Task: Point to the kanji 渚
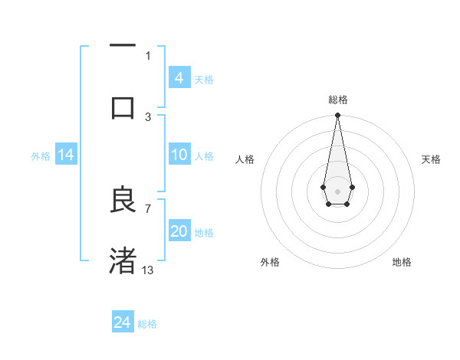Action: coord(123,260)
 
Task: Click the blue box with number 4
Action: coord(179,78)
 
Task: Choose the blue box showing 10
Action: coord(179,155)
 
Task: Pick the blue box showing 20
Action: coord(179,231)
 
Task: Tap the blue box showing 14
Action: coord(66,155)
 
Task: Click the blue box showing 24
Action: coord(123,322)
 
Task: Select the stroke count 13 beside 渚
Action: coord(148,270)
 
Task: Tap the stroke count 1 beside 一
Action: coord(148,55)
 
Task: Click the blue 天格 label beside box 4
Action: coord(204,80)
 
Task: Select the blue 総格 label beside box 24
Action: coord(147,324)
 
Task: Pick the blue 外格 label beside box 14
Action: coord(41,156)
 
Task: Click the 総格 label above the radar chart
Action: coord(337,100)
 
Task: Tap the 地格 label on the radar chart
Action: coord(402,262)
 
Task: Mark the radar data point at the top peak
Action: coord(337,116)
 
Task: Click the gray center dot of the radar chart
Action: coord(337,191)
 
